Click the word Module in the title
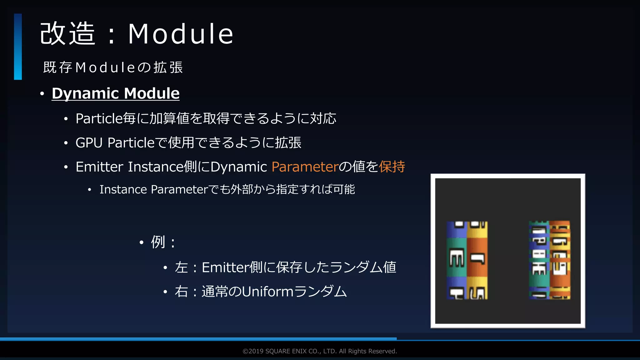(181, 34)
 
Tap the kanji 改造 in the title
(67, 34)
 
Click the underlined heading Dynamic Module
(116, 93)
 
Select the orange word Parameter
(305, 167)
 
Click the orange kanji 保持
(392, 167)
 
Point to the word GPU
(89, 143)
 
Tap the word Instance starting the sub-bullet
(123, 189)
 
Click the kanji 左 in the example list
(181, 267)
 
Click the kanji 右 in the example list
(181, 292)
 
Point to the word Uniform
(267, 292)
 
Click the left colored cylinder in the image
(467, 260)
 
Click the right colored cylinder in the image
(549, 260)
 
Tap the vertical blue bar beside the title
(18, 47)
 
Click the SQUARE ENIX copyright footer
(320, 351)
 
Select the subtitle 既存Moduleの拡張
(113, 67)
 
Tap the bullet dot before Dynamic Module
(42, 94)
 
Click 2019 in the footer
(256, 351)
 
